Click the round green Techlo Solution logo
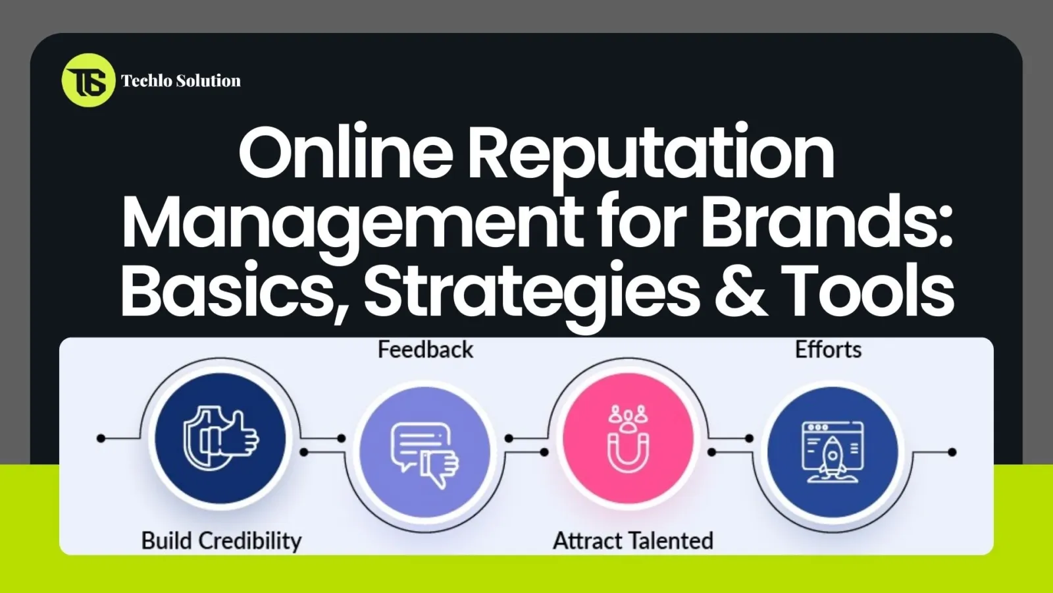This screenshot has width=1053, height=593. pyautogui.click(x=88, y=80)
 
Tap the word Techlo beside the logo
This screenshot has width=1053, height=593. pyautogui.click(x=145, y=81)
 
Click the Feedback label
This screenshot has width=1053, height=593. pyautogui.click(x=425, y=350)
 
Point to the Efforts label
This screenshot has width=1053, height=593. pyautogui.click(x=828, y=350)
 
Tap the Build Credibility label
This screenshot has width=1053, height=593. pyautogui.click(x=221, y=541)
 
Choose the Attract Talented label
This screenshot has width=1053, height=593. pyautogui.click(x=633, y=541)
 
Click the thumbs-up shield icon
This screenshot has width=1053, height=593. pyautogui.click(x=220, y=438)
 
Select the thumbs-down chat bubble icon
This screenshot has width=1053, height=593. pyautogui.click(x=425, y=453)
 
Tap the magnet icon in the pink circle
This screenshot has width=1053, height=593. pyautogui.click(x=628, y=438)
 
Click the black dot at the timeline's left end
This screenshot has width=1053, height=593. pyautogui.click(x=101, y=438)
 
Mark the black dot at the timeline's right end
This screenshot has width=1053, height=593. pyautogui.click(x=952, y=452)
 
